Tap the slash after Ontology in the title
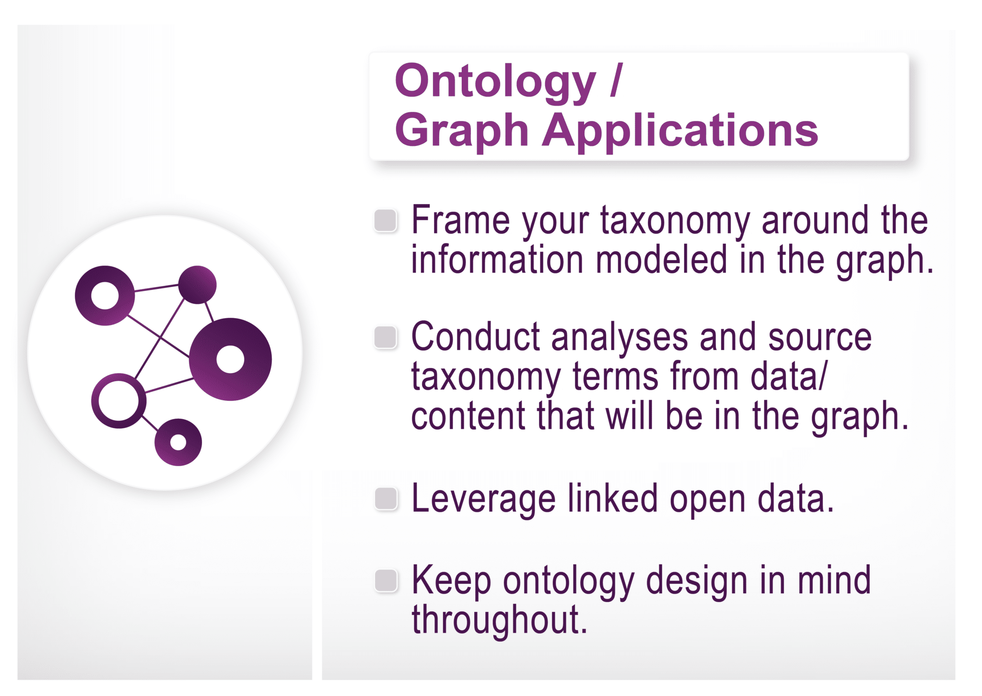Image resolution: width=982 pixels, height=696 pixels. (617, 80)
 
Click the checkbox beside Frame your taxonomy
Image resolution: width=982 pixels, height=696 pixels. (386, 220)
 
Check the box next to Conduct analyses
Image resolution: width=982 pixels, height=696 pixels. (386, 337)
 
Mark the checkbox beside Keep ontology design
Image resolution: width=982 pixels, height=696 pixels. (386, 580)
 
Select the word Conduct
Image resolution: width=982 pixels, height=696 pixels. (475, 337)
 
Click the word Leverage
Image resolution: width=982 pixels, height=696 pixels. (483, 499)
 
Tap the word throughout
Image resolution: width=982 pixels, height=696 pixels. (499, 620)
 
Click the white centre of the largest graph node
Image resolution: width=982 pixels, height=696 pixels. (231, 359)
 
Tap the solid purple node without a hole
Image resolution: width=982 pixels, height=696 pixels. (197, 285)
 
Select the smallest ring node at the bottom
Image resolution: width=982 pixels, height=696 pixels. (178, 442)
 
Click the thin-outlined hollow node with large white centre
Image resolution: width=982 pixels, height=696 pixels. (118, 401)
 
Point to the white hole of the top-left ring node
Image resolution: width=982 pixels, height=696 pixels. (105, 295)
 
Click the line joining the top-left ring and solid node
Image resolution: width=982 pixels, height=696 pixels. (156, 288)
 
